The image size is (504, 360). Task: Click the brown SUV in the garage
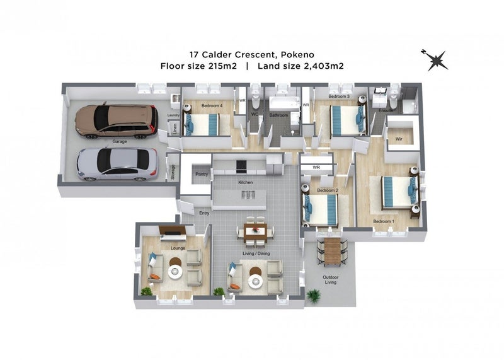[117, 120]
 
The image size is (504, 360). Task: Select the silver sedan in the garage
[117, 164]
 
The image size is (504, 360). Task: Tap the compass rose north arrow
[435, 60]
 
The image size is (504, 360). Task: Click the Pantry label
[202, 174]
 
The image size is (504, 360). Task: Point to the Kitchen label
[245, 182]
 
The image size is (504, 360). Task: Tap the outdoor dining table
[332, 252]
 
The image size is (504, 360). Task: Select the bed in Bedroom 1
[399, 192]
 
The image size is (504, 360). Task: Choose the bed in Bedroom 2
[320, 210]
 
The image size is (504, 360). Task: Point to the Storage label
[173, 172]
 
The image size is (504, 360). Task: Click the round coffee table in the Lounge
[175, 272]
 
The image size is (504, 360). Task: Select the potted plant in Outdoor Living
[313, 295]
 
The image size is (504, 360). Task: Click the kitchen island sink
[248, 195]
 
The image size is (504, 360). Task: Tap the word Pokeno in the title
[297, 55]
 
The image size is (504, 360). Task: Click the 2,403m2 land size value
[324, 66]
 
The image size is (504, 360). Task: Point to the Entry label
[204, 213]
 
